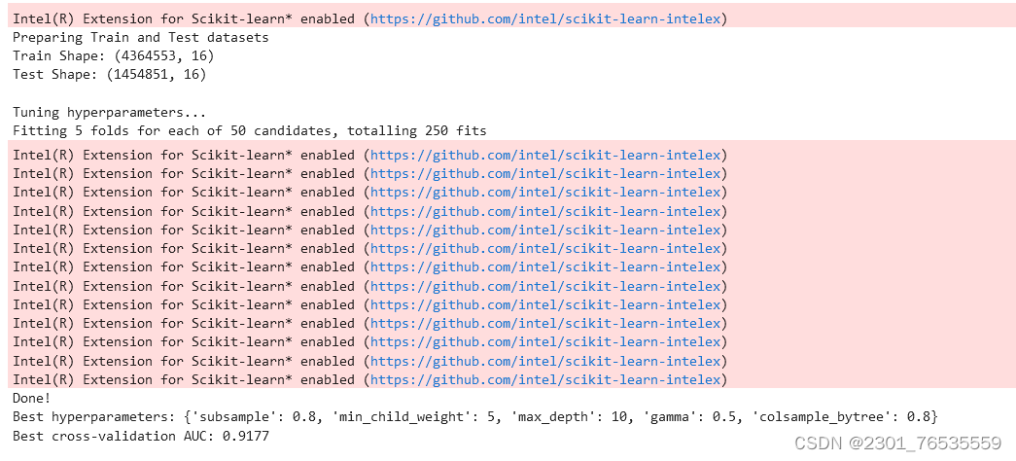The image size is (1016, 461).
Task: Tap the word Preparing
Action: click(48, 37)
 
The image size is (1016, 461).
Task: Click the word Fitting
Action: click(40, 130)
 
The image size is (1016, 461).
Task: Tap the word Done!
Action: click(32, 398)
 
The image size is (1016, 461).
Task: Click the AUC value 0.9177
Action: click(246, 436)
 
